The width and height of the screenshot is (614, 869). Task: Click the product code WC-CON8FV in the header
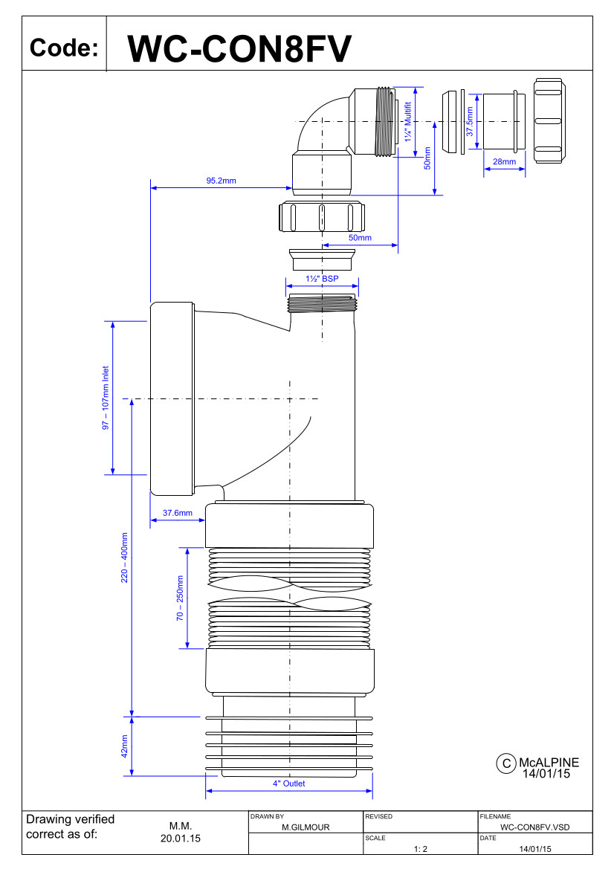click(x=239, y=49)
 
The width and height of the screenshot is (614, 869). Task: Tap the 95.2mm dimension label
click(x=221, y=181)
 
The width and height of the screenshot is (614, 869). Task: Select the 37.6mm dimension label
click(x=178, y=513)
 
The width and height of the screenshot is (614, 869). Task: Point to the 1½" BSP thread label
click(x=322, y=279)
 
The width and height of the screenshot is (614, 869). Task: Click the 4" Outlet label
click(x=288, y=784)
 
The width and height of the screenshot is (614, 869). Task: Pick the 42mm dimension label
click(x=124, y=746)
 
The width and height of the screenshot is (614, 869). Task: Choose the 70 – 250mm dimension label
click(x=180, y=598)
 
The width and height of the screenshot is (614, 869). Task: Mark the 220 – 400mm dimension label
click(x=124, y=558)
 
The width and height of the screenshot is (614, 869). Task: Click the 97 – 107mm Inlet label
click(x=106, y=398)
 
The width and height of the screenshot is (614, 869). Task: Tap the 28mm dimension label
click(x=504, y=162)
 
